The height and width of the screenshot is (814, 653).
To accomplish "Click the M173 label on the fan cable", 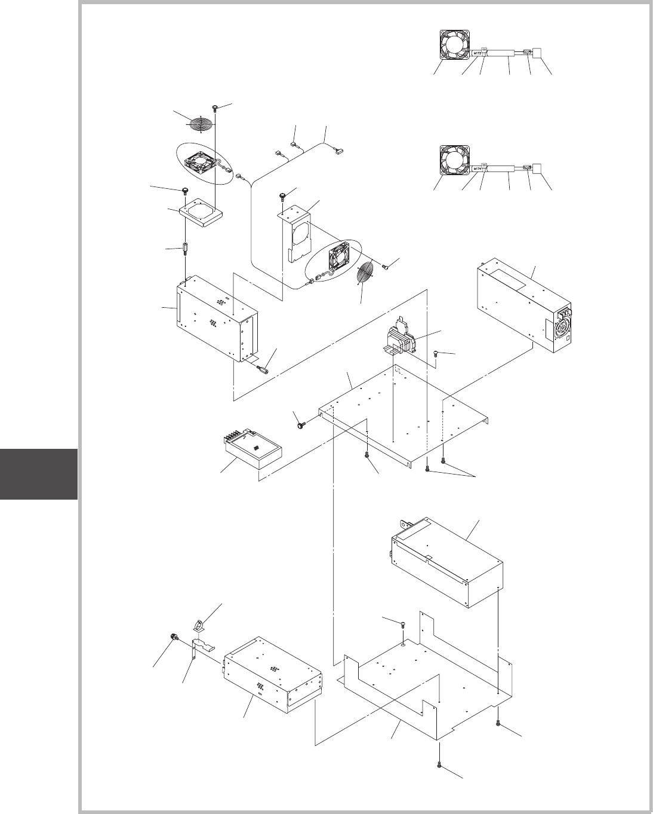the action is (478, 53).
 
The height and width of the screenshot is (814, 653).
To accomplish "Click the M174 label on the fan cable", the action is (478, 169).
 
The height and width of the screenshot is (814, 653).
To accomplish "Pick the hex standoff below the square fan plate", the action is (186, 248).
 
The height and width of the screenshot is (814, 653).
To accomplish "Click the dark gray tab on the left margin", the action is (39, 474).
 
